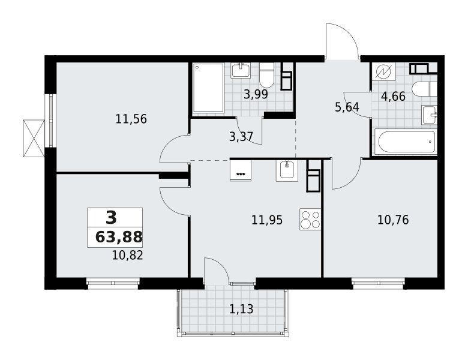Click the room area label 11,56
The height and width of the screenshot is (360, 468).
(131, 119)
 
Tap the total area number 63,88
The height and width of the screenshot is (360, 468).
(119, 238)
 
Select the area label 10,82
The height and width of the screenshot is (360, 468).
(127, 256)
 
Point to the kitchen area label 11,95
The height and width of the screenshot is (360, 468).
(267, 220)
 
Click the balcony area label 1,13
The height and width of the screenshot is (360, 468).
(241, 309)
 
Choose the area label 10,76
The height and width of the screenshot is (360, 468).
(393, 220)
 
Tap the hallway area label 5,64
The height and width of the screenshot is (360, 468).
(347, 107)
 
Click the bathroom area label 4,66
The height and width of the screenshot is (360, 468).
(394, 97)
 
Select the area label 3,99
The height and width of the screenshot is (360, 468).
(256, 95)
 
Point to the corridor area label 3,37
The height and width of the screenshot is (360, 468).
(241, 137)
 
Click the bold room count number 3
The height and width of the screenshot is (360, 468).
(112, 218)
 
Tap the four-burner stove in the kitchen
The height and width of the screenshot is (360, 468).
(310, 219)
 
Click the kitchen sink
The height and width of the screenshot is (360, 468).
(287, 171)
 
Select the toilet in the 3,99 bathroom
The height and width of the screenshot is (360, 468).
(267, 74)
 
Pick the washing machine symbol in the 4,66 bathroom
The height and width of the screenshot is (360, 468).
(383, 71)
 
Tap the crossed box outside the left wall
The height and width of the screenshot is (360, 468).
(34, 138)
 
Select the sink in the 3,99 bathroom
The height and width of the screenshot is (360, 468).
(240, 70)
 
